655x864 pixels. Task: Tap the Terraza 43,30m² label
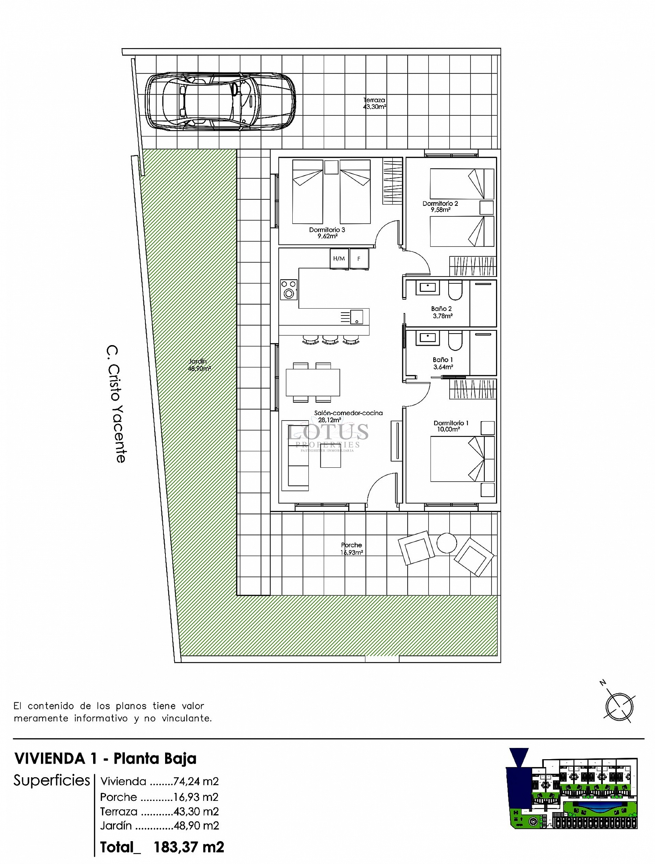point(374,103)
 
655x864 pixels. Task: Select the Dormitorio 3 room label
point(327,233)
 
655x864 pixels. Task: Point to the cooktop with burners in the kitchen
point(289,289)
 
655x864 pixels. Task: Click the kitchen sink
point(356,317)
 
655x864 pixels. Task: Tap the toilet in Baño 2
point(455,289)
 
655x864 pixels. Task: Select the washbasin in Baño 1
point(428,338)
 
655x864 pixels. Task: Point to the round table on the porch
point(446,543)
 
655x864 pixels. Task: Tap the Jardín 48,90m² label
point(199,365)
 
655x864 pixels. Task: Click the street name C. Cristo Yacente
point(116,404)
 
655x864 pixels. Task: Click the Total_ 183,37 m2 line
point(162,847)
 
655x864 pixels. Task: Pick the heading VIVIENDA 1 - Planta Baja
point(105,759)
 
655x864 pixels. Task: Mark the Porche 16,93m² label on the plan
point(351,548)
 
